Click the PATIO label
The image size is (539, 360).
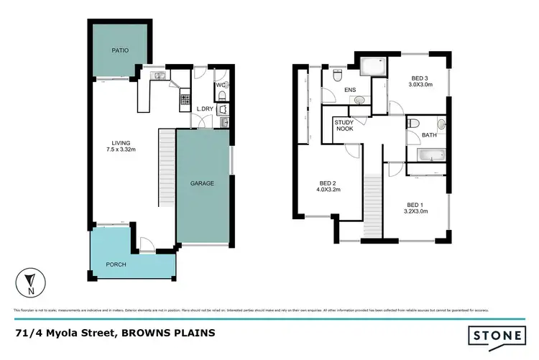point(119,51)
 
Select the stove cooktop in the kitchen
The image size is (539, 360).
point(185,98)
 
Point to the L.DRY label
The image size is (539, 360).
point(206,109)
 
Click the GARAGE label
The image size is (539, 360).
point(202,183)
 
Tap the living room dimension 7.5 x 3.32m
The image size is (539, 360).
point(120,150)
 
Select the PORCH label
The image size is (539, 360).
point(116,264)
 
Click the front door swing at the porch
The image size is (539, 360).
point(146,244)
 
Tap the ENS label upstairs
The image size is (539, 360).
point(350,90)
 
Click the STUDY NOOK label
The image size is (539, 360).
point(344,126)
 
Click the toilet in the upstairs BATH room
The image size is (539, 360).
point(413,124)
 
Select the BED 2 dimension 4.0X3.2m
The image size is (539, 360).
point(329,190)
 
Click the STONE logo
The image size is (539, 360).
point(496,334)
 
